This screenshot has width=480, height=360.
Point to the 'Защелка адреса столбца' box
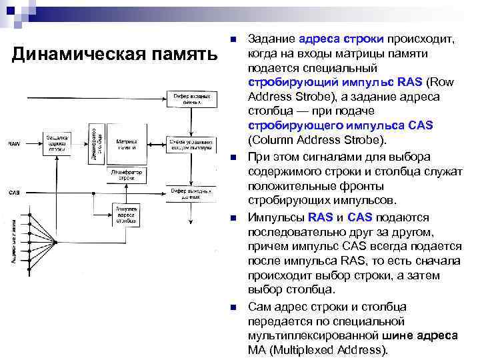point(126,215)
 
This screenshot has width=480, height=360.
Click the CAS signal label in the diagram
point(14,193)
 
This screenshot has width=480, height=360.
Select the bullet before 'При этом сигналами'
point(232,157)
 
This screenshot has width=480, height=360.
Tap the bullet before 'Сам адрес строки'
point(232,307)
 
